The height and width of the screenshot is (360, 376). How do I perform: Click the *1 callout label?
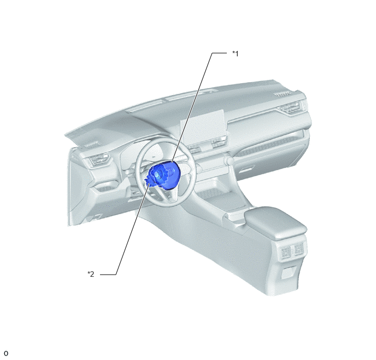pyautogui.click(x=235, y=54)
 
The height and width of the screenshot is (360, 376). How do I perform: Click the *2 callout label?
pyautogui.click(x=91, y=274)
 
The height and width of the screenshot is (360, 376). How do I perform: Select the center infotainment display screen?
pyautogui.click(x=203, y=125)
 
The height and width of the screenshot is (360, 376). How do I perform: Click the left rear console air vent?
pyautogui.click(x=286, y=253)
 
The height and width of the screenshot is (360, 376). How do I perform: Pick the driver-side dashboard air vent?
pyautogui.click(x=98, y=160)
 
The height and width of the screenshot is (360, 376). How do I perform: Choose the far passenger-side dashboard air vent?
pyautogui.click(x=291, y=108)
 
